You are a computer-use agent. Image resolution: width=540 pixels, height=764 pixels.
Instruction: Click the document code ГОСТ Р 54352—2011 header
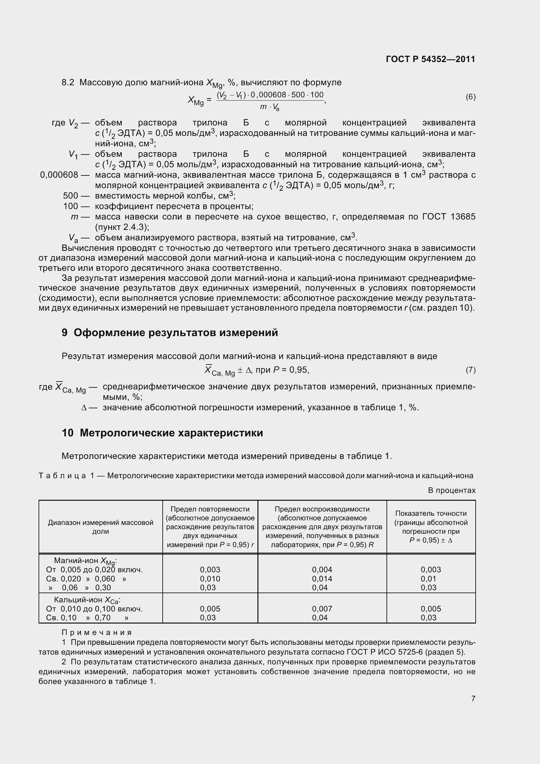(x=431, y=59)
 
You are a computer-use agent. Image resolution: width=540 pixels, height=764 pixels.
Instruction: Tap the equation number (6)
(x=470, y=97)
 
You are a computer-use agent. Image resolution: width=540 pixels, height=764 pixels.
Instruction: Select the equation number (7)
(x=470, y=370)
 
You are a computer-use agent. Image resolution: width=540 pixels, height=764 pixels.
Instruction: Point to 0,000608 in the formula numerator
(x=268, y=95)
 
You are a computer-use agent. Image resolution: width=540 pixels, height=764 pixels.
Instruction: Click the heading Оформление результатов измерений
(x=175, y=333)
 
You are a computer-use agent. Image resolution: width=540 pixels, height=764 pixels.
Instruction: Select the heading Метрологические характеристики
(x=171, y=432)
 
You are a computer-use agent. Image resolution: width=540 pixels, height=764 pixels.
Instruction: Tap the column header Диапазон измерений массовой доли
(x=101, y=527)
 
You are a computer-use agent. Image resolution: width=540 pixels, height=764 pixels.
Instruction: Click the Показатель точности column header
(x=431, y=527)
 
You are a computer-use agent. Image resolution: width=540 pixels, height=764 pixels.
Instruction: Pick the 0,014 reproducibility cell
(x=322, y=579)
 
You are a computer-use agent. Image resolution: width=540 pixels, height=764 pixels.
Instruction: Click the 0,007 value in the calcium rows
(x=322, y=609)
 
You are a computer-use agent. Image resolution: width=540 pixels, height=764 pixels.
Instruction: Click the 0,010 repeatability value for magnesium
(x=210, y=579)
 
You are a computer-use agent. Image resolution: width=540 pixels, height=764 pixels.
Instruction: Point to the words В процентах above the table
(x=451, y=490)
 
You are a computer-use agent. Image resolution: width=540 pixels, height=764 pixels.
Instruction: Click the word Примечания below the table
(x=97, y=632)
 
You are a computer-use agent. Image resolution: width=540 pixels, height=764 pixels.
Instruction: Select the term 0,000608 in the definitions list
(x=59, y=175)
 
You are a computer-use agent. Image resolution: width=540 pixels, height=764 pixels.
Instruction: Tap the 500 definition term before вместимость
(x=71, y=196)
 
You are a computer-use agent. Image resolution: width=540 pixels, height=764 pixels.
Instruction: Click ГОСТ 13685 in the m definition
(x=449, y=217)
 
